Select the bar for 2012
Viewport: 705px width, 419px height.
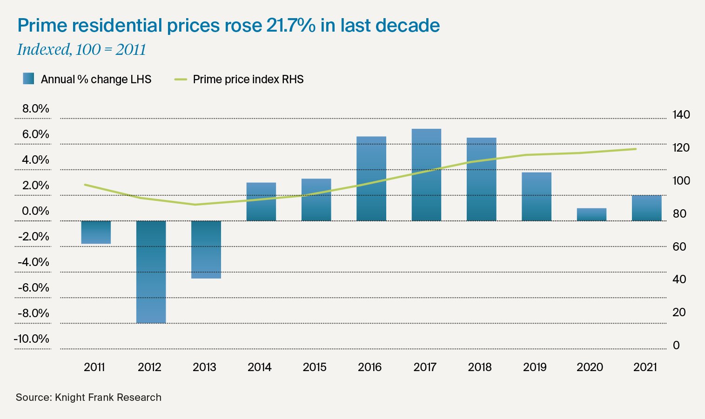[x=151, y=272]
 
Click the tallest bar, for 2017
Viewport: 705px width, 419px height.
[x=426, y=175]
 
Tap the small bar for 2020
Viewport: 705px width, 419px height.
[x=591, y=214]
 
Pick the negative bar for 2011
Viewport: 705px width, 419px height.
[x=96, y=232]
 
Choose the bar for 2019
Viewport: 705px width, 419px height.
[x=536, y=196]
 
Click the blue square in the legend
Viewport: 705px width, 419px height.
[x=28, y=79]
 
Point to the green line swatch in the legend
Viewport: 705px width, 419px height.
[x=181, y=80]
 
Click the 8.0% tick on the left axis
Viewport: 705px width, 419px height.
[x=35, y=109]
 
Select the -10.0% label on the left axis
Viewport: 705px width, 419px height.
[x=32, y=339]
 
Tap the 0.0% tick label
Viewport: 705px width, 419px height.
[x=35, y=211]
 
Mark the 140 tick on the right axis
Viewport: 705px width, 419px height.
[x=681, y=115]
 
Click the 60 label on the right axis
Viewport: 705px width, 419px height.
[x=679, y=246]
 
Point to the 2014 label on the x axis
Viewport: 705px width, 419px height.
[x=259, y=367]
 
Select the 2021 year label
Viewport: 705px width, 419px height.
[x=645, y=367]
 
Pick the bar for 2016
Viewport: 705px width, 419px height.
[x=371, y=179]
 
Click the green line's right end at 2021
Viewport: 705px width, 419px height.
[x=636, y=149]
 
